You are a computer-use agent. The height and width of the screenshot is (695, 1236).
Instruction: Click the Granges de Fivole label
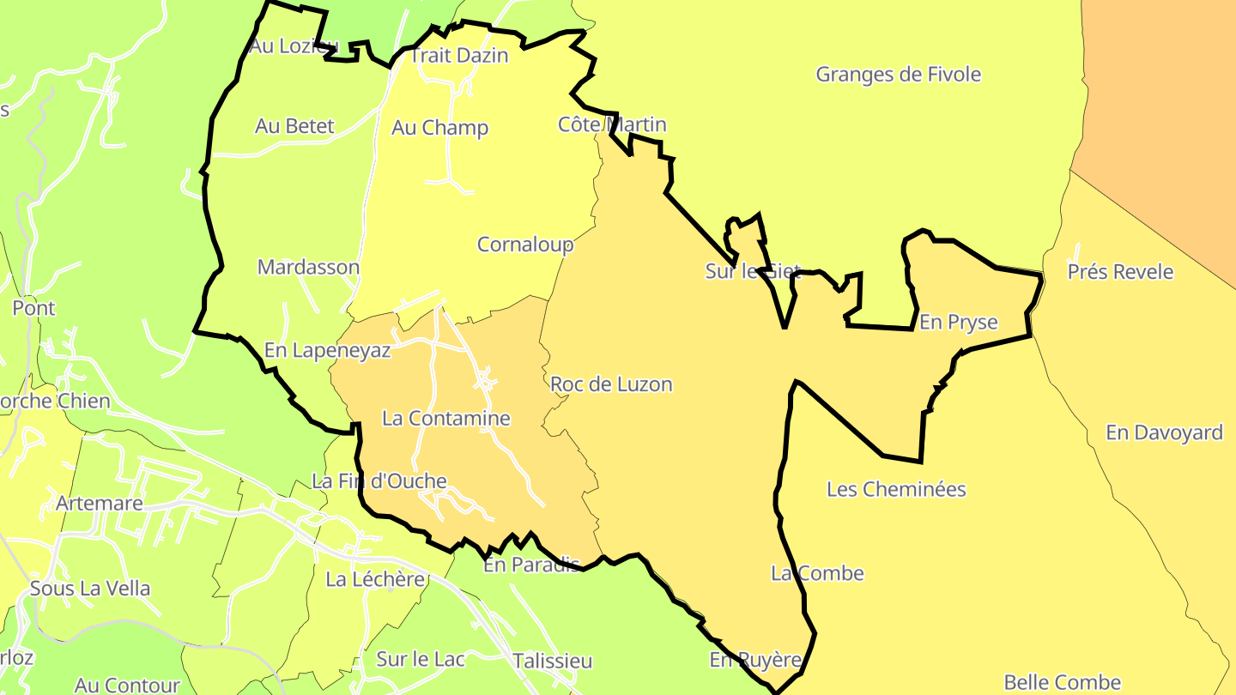click(x=898, y=75)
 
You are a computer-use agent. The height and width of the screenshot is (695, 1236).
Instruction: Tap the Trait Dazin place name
click(x=459, y=56)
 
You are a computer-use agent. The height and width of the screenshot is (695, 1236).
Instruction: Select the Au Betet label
click(x=294, y=126)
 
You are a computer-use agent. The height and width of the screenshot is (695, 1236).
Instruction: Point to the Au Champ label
click(x=439, y=128)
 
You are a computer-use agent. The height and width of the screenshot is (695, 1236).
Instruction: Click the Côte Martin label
click(x=612, y=125)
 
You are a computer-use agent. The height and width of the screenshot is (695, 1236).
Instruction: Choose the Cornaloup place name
click(x=525, y=245)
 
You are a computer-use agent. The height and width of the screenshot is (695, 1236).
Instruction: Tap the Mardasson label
click(x=308, y=267)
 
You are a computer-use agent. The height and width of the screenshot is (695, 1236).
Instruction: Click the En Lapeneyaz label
click(x=327, y=350)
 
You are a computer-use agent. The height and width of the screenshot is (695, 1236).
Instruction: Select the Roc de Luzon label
click(x=611, y=384)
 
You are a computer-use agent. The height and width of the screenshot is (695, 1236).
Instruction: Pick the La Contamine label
click(x=446, y=419)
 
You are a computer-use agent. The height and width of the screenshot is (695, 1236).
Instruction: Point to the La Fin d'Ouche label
click(x=379, y=481)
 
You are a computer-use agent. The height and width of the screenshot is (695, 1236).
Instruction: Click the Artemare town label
click(x=99, y=503)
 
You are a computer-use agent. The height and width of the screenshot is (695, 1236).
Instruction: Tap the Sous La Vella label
click(x=90, y=589)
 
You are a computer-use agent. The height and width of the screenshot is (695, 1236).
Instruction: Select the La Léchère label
click(x=375, y=580)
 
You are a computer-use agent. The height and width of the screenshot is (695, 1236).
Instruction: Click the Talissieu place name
click(x=552, y=662)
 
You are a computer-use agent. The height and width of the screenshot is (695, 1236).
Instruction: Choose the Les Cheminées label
click(x=896, y=490)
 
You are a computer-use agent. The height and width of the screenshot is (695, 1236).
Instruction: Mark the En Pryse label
click(x=958, y=323)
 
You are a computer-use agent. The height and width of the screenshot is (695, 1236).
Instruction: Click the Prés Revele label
click(x=1120, y=272)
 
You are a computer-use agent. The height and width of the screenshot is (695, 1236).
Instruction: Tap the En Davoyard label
click(x=1164, y=432)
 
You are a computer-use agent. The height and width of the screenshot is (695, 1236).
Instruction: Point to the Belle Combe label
click(x=1063, y=683)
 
